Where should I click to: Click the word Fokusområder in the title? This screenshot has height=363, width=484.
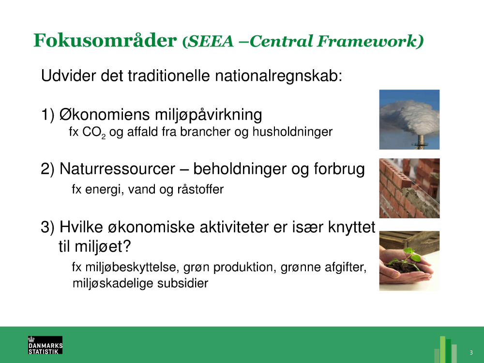(105, 40)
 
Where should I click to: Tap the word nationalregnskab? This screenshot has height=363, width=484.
(278, 76)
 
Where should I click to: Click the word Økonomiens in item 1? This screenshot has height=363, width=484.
(105, 115)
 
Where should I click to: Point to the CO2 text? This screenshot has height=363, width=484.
(94, 133)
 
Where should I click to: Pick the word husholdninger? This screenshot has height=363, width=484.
(292, 132)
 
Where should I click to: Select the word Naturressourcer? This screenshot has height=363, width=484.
(117, 169)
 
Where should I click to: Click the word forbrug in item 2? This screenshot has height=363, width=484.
(339, 169)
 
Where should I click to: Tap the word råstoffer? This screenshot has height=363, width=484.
(200, 189)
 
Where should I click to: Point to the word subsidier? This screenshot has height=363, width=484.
(183, 283)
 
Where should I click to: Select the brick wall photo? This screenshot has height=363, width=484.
(409, 188)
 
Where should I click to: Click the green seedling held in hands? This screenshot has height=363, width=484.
(407, 259)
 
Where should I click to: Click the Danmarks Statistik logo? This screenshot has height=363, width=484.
(45, 345)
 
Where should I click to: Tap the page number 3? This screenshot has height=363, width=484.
(471, 352)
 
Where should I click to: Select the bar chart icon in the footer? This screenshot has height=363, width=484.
(445, 349)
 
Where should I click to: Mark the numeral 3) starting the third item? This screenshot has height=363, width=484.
(47, 227)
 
